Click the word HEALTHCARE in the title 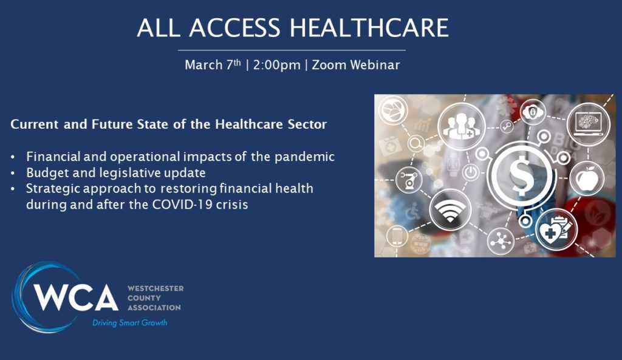(x=369, y=28)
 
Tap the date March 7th (x=213, y=64)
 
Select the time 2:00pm (x=276, y=64)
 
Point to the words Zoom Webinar (x=356, y=64)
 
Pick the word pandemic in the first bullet (x=305, y=157)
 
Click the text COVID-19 (x=183, y=205)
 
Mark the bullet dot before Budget (x=13, y=174)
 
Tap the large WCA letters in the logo (x=76, y=297)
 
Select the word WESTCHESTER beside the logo (x=155, y=288)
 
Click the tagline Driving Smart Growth (x=130, y=323)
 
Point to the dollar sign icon (x=520, y=174)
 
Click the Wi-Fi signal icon (x=450, y=209)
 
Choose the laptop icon (x=588, y=124)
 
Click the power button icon (x=471, y=173)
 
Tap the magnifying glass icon (x=416, y=143)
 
